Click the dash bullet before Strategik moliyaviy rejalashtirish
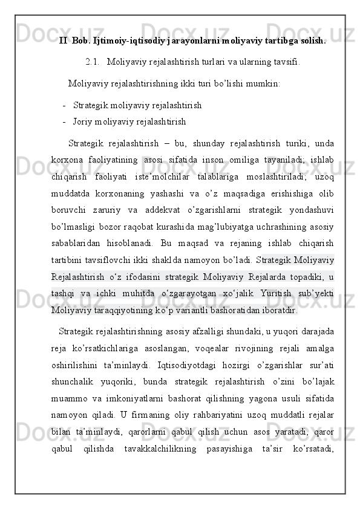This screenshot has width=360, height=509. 64,105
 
